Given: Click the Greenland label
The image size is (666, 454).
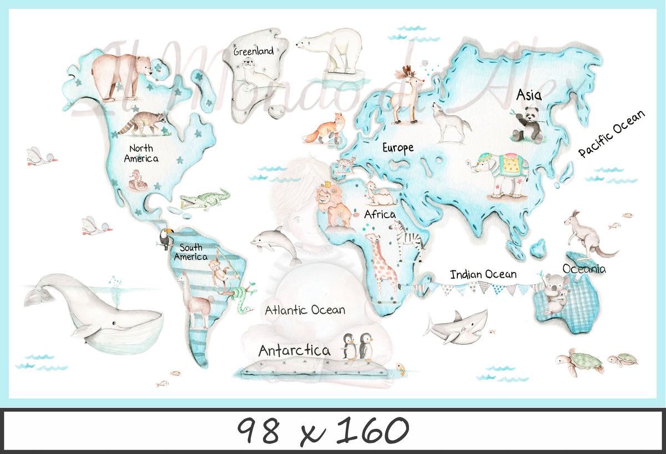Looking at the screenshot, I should click(253, 52).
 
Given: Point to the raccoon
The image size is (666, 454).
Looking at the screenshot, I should click(143, 123).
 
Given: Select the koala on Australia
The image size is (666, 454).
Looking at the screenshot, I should click(555, 292).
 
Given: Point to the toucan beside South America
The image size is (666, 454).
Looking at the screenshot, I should click(165, 239).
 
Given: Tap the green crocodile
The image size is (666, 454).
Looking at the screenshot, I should click(204, 199).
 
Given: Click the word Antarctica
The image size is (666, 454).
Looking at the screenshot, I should click(294, 351).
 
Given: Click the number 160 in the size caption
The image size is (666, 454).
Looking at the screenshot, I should click(372, 430).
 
